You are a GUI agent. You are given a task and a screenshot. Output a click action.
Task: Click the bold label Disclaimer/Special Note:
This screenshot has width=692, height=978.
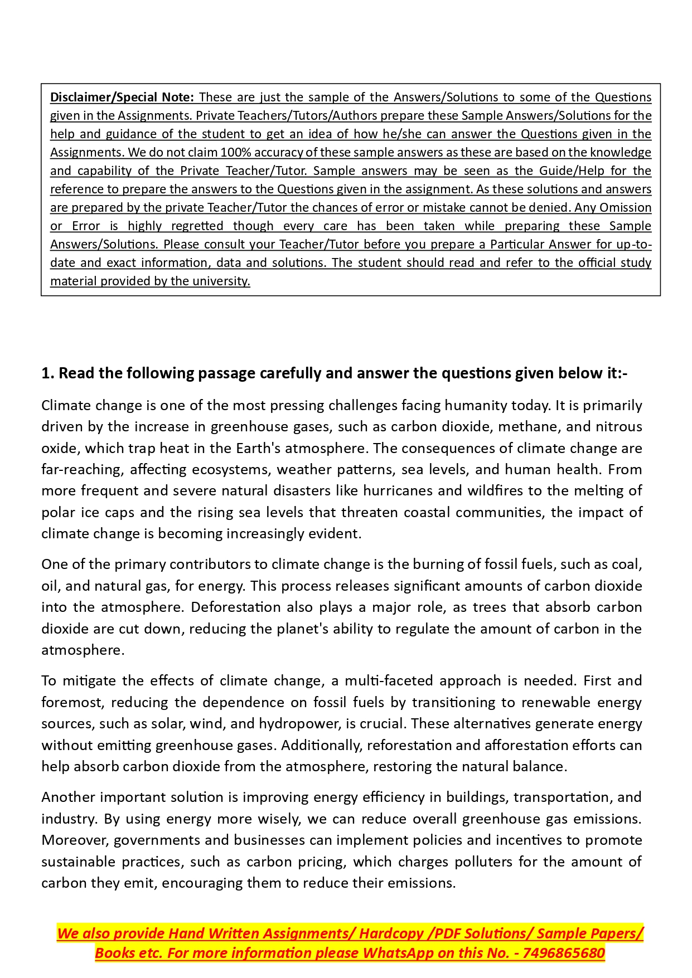(122, 97)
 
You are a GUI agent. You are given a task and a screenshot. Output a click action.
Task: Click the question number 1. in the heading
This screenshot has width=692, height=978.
(48, 373)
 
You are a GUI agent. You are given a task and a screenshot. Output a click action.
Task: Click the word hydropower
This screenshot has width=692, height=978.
(299, 724)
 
